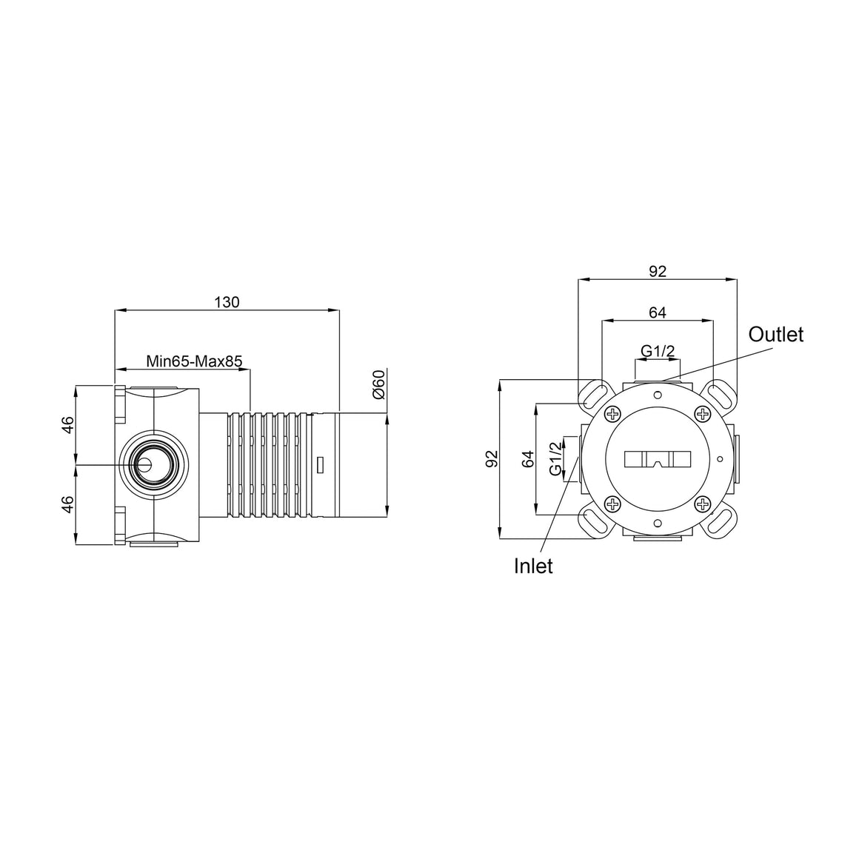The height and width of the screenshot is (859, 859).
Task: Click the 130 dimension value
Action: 227,302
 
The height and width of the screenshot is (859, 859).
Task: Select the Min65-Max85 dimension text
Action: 194,361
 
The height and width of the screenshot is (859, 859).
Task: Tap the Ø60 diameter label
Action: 378,384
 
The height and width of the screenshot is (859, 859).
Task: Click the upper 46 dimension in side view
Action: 67,424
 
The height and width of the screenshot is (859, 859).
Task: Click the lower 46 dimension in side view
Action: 67,504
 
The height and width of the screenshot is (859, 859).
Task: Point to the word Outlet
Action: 776,334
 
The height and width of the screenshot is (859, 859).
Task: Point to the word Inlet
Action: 533,566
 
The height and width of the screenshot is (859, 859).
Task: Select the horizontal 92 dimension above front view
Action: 658,271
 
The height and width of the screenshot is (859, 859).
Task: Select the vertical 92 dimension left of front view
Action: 492,458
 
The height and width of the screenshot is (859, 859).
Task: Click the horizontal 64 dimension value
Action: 658,312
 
